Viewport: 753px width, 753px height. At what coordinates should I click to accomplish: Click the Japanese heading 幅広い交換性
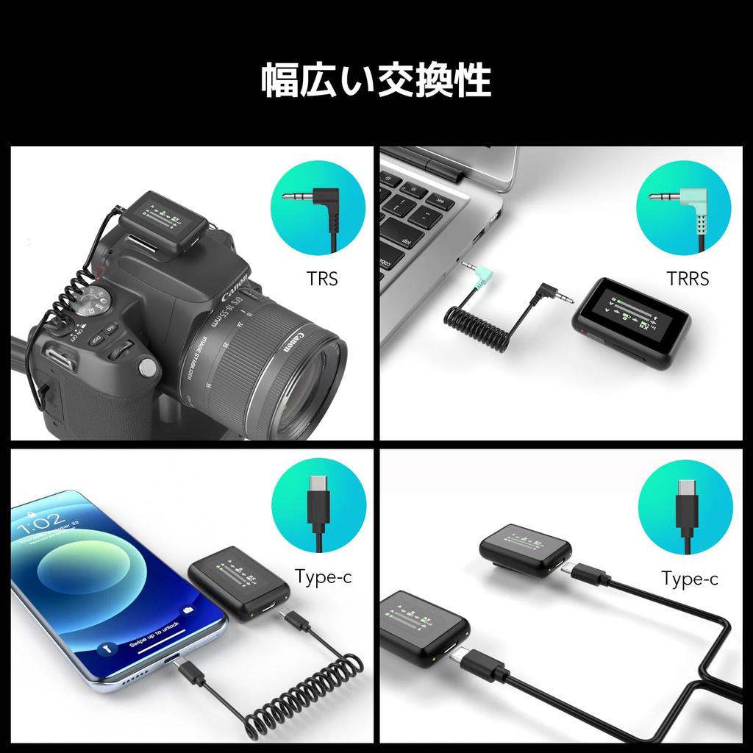pos(376,81)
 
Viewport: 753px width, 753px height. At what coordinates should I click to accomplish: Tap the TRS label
pos(322,279)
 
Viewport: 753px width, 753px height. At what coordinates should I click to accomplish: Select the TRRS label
pos(688,279)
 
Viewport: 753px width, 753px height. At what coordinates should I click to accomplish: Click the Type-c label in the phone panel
pos(323,576)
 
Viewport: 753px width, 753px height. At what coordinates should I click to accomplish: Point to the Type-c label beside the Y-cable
pos(689,579)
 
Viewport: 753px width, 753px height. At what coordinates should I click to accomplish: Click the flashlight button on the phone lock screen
pos(105,649)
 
